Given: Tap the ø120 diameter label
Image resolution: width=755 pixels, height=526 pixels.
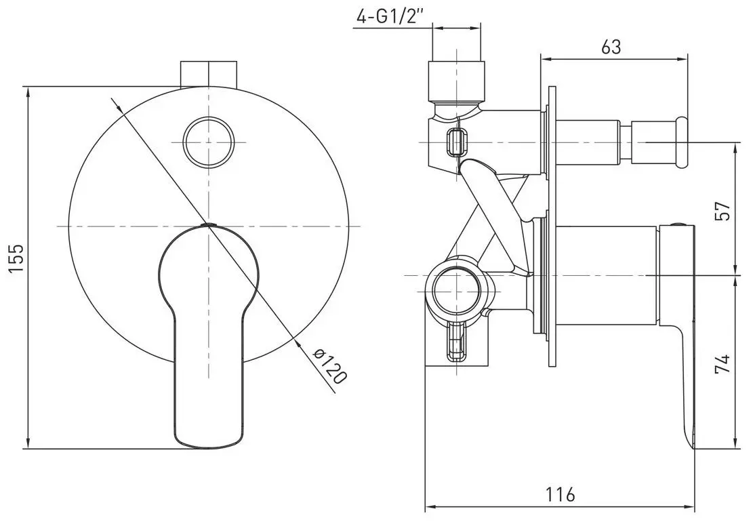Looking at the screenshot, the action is pos(330,367).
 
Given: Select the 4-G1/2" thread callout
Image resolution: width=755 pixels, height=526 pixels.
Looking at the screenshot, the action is pos(390,17).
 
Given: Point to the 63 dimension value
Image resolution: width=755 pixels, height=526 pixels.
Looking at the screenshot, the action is pos(611,47).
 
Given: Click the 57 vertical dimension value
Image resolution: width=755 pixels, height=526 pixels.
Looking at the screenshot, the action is pos(723,211).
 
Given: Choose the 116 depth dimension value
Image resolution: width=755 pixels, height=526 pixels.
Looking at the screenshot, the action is pos(560,494).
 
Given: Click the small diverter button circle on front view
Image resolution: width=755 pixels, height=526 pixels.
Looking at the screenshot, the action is pos(209,142).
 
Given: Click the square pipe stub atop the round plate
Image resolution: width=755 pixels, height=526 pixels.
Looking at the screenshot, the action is pos(209,74).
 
